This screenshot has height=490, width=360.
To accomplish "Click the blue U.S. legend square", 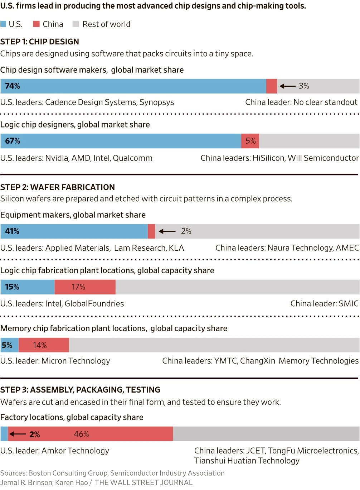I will click(3, 24).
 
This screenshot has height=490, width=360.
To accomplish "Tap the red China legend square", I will click(36, 24).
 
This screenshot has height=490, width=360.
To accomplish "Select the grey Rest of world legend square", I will click(76, 24).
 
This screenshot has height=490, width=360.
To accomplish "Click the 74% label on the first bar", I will click(13, 86).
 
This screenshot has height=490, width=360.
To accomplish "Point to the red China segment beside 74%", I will click(272, 86).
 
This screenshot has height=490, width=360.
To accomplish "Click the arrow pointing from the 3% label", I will click(287, 86).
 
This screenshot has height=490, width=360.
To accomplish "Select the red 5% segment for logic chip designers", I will click(250, 141).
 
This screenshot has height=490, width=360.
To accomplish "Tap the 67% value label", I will click(13, 141).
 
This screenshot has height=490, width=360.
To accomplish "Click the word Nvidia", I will click(57, 158).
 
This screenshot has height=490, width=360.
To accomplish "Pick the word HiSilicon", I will click(268, 158).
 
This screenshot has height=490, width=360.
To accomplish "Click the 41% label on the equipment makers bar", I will click(12, 231).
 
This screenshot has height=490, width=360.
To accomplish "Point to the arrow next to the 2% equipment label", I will click(167, 231).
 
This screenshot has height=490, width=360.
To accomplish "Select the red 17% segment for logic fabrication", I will click(85, 287).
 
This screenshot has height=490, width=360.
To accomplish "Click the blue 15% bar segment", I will click(28, 287).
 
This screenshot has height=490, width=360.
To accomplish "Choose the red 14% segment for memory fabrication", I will click(44, 345).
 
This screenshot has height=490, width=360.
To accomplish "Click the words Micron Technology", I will click(76, 361).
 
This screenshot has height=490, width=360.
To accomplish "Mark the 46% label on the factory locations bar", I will click(81, 434).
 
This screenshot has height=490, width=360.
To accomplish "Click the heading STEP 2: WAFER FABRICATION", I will click(58, 187).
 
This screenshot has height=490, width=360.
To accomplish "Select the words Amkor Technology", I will click(75, 451).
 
